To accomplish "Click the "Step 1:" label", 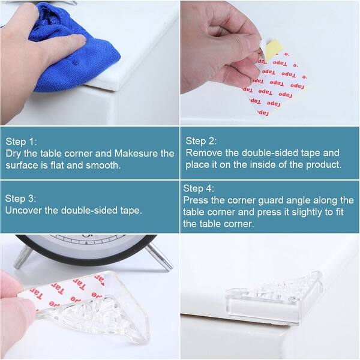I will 22,142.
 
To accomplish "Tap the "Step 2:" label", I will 201,141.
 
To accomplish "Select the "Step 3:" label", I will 21,198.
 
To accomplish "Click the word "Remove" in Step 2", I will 202,153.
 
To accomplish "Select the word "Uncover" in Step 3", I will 24,210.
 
